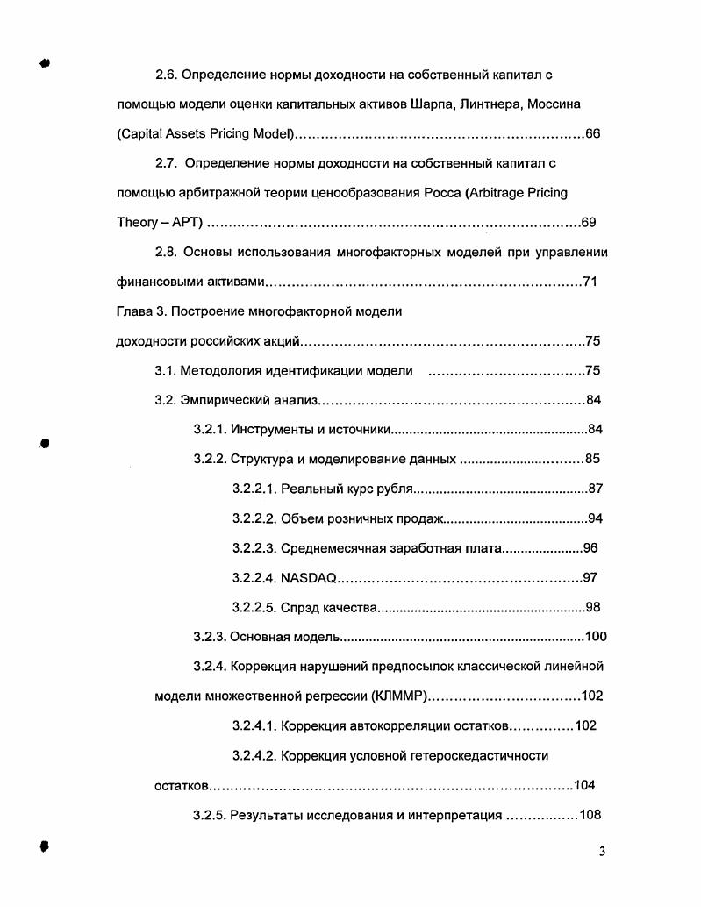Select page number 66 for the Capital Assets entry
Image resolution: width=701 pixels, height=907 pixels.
592,134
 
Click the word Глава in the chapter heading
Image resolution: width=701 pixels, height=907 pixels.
134,311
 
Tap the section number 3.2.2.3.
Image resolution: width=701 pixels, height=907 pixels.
254,549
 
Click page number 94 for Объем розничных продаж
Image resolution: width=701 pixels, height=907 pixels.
595,518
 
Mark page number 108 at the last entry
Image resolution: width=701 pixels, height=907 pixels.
590,816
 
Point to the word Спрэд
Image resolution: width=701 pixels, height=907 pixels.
301,608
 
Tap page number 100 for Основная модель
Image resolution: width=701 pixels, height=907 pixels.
596,638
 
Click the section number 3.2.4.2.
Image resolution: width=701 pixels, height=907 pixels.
254,755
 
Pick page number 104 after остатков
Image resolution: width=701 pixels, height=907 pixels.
584,786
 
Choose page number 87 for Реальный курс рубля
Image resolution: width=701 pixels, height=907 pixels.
595,489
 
